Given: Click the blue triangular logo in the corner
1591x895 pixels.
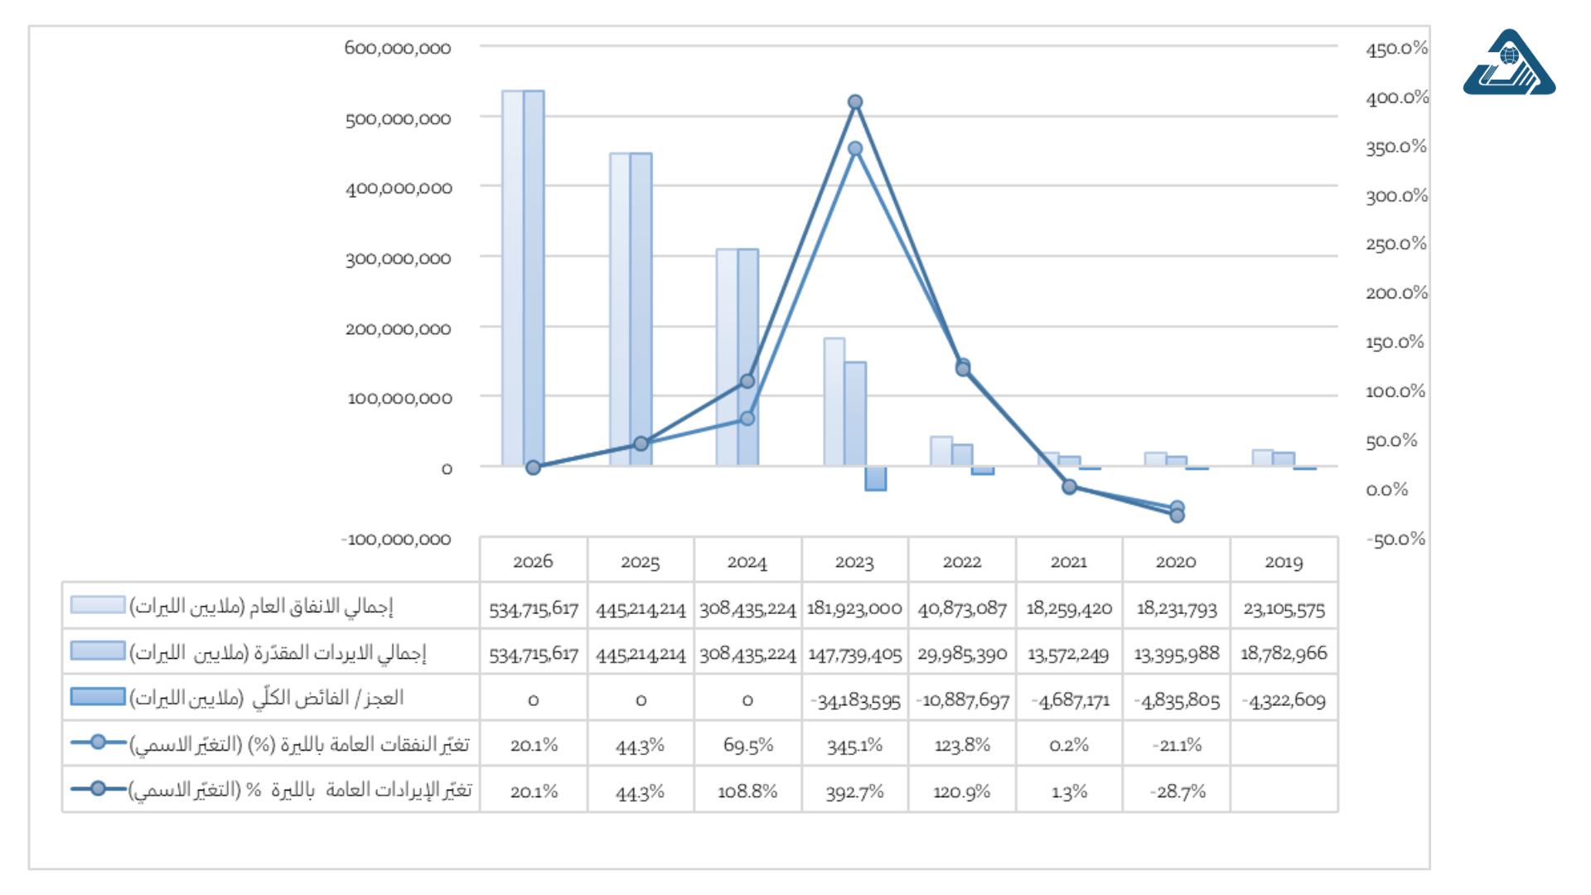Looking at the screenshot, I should [x=1508, y=65].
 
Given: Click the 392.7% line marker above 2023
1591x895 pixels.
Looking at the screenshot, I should [x=855, y=102].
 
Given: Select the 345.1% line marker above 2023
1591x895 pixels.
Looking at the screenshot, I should [x=855, y=149].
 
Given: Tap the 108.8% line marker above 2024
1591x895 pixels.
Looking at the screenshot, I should [x=747, y=381].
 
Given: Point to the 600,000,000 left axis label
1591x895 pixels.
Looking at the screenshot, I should [x=398, y=48].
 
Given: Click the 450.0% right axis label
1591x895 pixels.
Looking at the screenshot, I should [x=1396, y=49].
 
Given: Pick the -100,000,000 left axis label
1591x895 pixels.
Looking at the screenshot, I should [x=396, y=539].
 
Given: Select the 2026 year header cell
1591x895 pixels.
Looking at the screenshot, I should [x=533, y=562].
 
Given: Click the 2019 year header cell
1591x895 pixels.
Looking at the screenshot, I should [x=1284, y=562].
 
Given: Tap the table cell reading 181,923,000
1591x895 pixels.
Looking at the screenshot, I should [x=854, y=608].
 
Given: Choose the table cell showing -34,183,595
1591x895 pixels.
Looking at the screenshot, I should [x=854, y=700].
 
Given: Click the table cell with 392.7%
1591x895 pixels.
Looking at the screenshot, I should [x=854, y=791].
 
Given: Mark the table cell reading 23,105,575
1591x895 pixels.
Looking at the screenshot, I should [x=1284, y=608].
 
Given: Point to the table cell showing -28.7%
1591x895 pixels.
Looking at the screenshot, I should [x=1177, y=791].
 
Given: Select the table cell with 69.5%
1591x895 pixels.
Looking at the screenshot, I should [x=747, y=745].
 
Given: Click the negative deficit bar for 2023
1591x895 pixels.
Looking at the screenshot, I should [x=876, y=478].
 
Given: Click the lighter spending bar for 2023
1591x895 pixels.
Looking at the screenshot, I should [x=834, y=402].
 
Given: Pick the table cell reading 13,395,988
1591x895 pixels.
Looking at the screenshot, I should [x=1177, y=654].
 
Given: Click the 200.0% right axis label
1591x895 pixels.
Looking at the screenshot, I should [x=1396, y=293].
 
